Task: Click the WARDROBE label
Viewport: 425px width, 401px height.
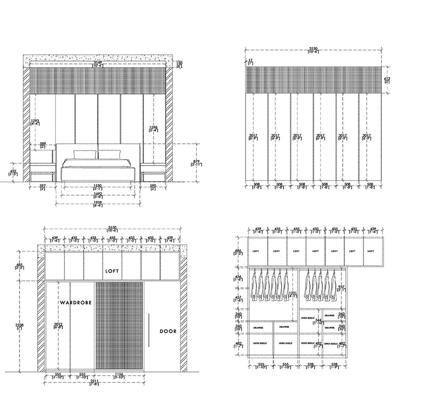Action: point(76,303)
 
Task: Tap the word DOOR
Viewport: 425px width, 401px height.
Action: point(168,331)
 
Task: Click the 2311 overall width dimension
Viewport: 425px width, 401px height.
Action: point(94,382)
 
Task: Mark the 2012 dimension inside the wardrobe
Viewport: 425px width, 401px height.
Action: point(58,325)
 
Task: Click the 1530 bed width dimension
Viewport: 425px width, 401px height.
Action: point(97,187)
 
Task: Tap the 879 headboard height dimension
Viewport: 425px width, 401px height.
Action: point(196,163)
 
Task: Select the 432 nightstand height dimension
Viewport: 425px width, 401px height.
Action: point(13,172)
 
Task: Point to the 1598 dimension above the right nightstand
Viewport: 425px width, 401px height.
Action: point(153,129)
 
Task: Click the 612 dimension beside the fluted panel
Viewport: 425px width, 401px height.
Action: point(387,80)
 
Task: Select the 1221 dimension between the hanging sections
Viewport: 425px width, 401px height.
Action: point(292,294)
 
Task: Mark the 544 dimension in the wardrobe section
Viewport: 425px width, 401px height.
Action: point(318,321)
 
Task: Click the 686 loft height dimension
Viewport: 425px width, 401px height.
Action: point(238,252)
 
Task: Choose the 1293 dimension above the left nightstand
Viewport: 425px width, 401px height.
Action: point(35,122)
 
